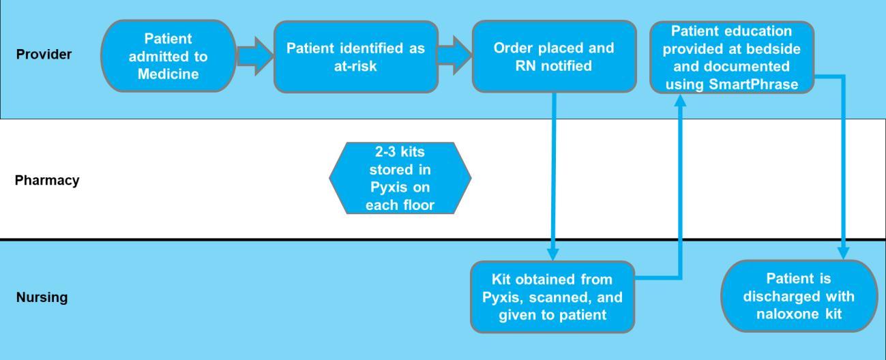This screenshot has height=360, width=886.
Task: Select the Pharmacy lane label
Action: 46,181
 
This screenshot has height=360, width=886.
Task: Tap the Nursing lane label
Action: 42,297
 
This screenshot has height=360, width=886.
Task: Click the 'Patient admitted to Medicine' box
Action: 168,56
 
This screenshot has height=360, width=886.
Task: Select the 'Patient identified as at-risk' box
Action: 355,57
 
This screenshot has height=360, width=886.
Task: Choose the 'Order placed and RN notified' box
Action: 553,57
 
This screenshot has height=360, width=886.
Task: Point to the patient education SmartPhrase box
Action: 732,57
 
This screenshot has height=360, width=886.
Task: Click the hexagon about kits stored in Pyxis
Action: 400,178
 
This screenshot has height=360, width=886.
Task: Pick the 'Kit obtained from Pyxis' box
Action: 552,297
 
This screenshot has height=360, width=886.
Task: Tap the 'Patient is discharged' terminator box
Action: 799,297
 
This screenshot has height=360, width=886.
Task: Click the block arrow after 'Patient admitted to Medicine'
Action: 254,57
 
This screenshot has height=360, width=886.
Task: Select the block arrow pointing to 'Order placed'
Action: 454,57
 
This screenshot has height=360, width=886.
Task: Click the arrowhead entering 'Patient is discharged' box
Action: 844,254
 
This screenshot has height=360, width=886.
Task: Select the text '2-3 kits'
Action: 400,152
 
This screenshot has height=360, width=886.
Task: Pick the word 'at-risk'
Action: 356,65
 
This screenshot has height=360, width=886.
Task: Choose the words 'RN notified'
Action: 553,65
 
